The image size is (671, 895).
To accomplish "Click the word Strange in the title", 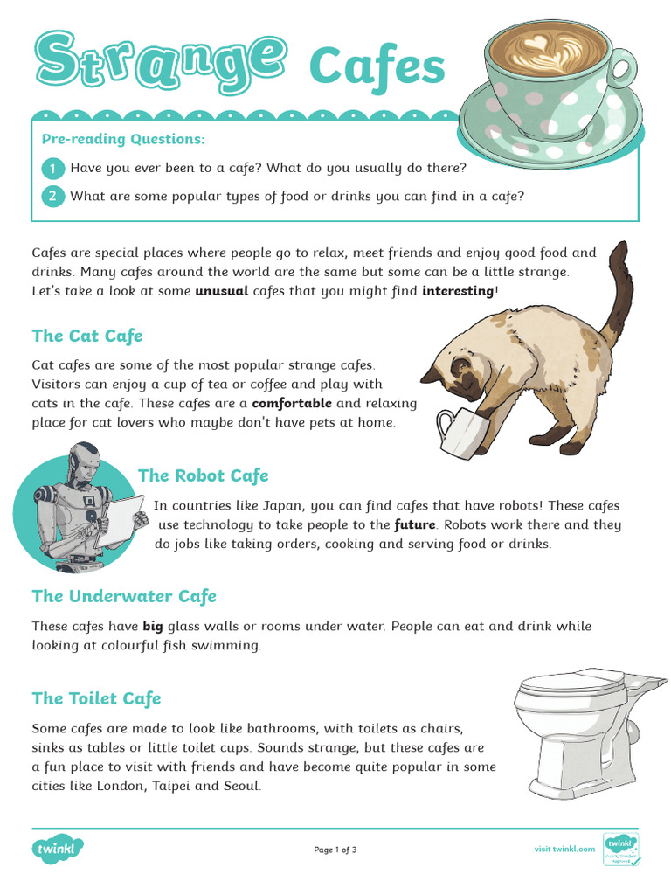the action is click(161, 63).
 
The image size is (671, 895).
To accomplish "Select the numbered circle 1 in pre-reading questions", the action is click(52, 169).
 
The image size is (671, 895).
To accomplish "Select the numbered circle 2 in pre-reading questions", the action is click(52, 197).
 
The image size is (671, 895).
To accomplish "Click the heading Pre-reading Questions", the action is click(123, 139).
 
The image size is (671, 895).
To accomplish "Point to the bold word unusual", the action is click(221, 291).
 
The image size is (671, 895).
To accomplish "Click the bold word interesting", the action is click(458, 291).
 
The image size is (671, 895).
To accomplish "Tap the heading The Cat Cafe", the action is click(87, 336).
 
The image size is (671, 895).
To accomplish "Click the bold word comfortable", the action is click(292, 404).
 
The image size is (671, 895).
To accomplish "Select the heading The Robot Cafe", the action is click(203, 475).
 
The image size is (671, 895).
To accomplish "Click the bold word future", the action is click(415, 525).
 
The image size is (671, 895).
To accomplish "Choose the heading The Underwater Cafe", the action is click(124, 596).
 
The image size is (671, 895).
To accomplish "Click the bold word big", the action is click(153, 627).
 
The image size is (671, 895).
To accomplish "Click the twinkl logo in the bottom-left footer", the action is click(57, 849).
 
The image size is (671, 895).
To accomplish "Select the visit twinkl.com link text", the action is click(564, 850).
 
